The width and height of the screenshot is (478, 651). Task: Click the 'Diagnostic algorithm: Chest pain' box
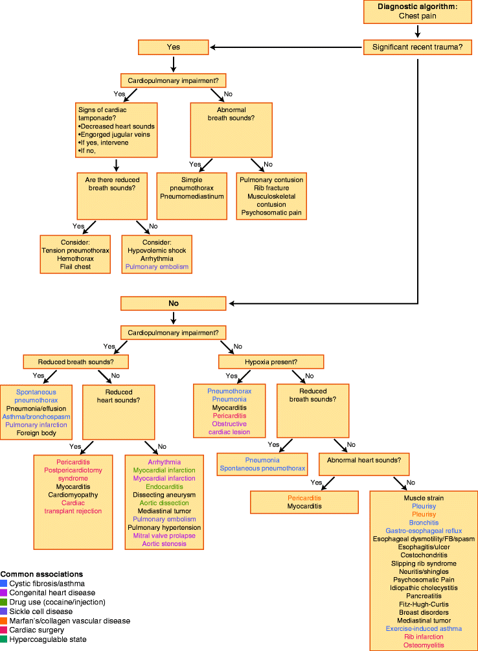point(418,12)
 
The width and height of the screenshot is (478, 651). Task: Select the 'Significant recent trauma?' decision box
point(418,47)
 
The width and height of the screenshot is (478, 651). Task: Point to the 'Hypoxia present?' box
point(271,361)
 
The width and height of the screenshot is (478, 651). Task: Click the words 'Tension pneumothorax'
point(75,250)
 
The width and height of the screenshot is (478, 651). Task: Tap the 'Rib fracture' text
point(271,188)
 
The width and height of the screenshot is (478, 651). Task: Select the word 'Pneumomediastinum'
point(192,196)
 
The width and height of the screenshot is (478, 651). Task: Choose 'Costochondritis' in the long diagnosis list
point(424,554)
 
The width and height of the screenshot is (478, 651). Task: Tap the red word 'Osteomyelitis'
point(424,645)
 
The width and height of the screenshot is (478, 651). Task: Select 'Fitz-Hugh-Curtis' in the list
point(424,604)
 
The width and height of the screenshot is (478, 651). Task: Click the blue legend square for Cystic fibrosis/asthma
point(4,583)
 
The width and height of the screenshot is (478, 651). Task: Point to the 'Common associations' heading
point(41,574)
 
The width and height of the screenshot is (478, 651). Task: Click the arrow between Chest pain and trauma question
point(418,30)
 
